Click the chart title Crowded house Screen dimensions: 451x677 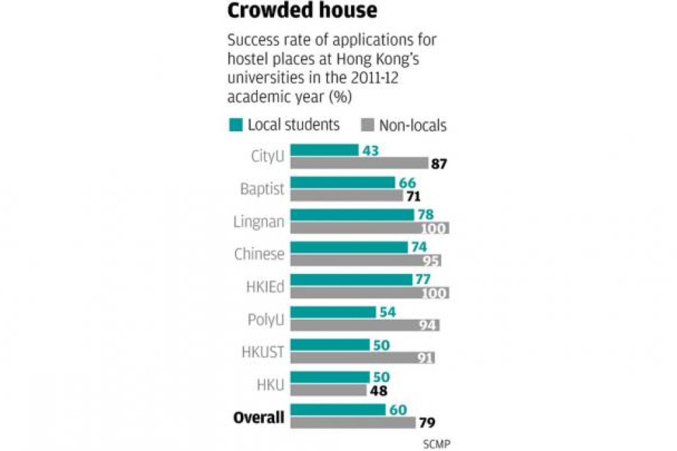pyautogui.click(x=303, y=11)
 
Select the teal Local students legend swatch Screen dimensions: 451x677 pyautogui.click(x=236, y=125)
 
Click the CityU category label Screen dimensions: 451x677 pyautogui.click(x=267, y=157)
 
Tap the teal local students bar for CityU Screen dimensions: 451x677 pyautogui.click(x=325, y=151)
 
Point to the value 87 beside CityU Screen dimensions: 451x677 pyautogui.click(x=439, y=164)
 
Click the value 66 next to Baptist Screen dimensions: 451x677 pyautogui.click(x=406, y=182)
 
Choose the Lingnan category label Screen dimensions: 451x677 pyautogui.click(x=260, y=222)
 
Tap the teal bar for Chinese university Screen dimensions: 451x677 pyautogui.click(x=349, y=247)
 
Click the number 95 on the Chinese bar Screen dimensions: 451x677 pyautogui.click(x=431, y=261)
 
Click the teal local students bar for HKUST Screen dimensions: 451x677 pyautogui.click(x=330, y=345)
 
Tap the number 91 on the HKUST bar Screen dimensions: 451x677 pyautogui.click(x=425, y=358)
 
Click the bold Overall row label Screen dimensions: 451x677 pyautogui.click(x=259, y=417)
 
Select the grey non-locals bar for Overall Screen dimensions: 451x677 pyautogui.click(x=352, y=422)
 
